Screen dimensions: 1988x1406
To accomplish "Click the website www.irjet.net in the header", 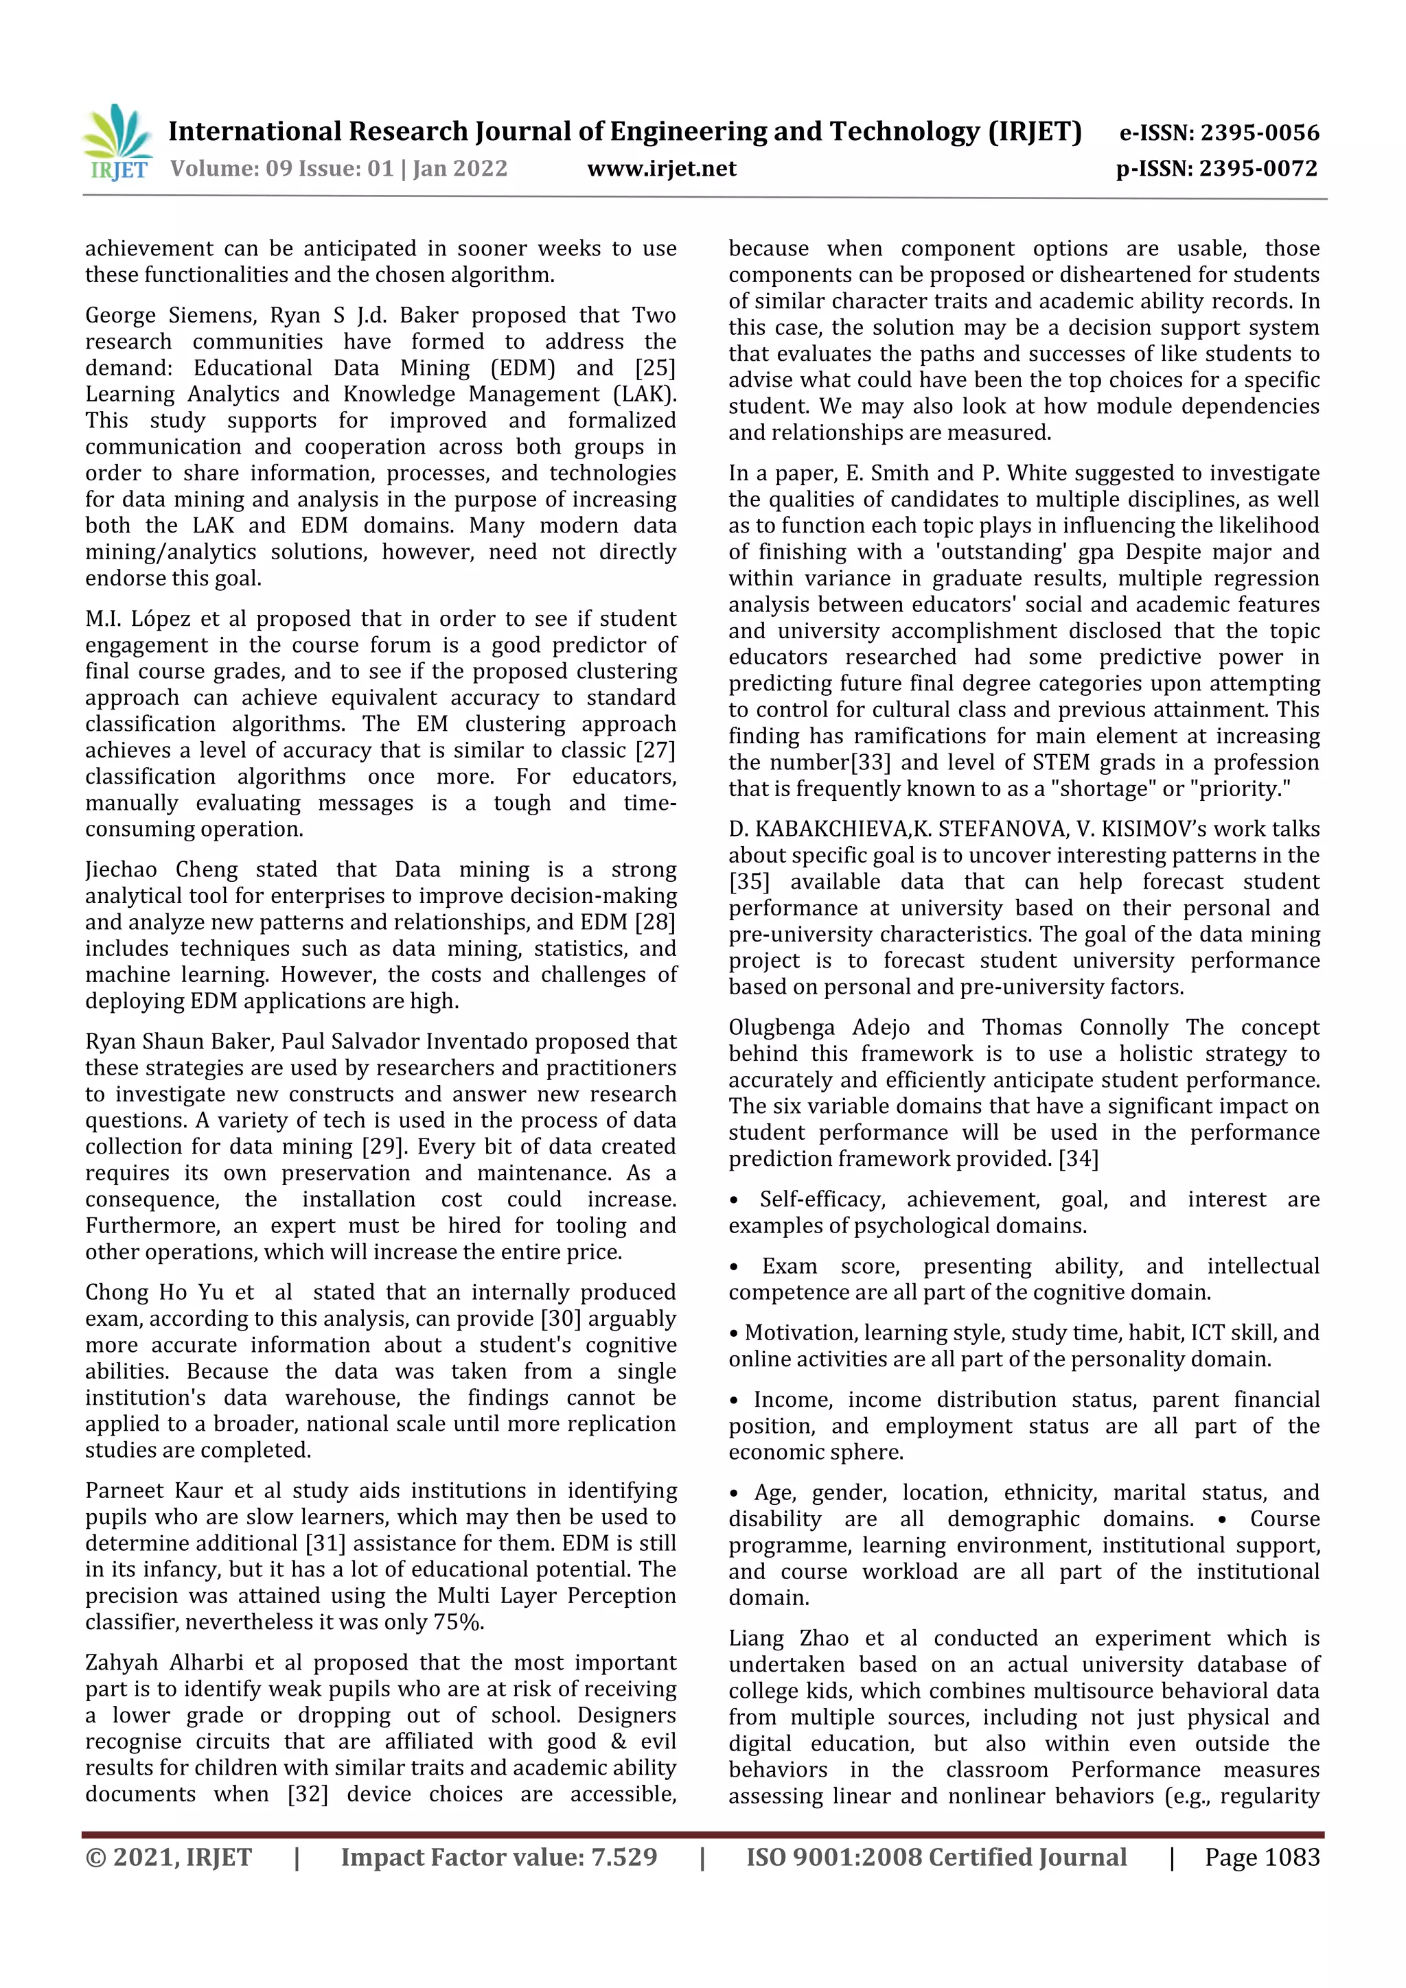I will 661,169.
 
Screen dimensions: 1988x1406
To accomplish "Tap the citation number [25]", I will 655,368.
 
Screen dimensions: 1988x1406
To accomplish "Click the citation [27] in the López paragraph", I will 655,751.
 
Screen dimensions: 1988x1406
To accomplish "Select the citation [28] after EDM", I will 655,922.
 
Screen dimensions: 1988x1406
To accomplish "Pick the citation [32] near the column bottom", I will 308,1794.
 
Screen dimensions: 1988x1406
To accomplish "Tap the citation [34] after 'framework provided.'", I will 1078,1158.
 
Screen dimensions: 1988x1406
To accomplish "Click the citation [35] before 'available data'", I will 748,882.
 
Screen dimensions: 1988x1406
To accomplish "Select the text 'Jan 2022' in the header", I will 460,169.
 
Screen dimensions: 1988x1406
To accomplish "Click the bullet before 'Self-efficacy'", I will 734,1201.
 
